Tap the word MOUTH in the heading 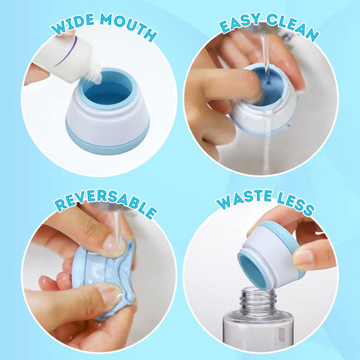coord(126,32)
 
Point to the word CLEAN coord(292,31)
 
